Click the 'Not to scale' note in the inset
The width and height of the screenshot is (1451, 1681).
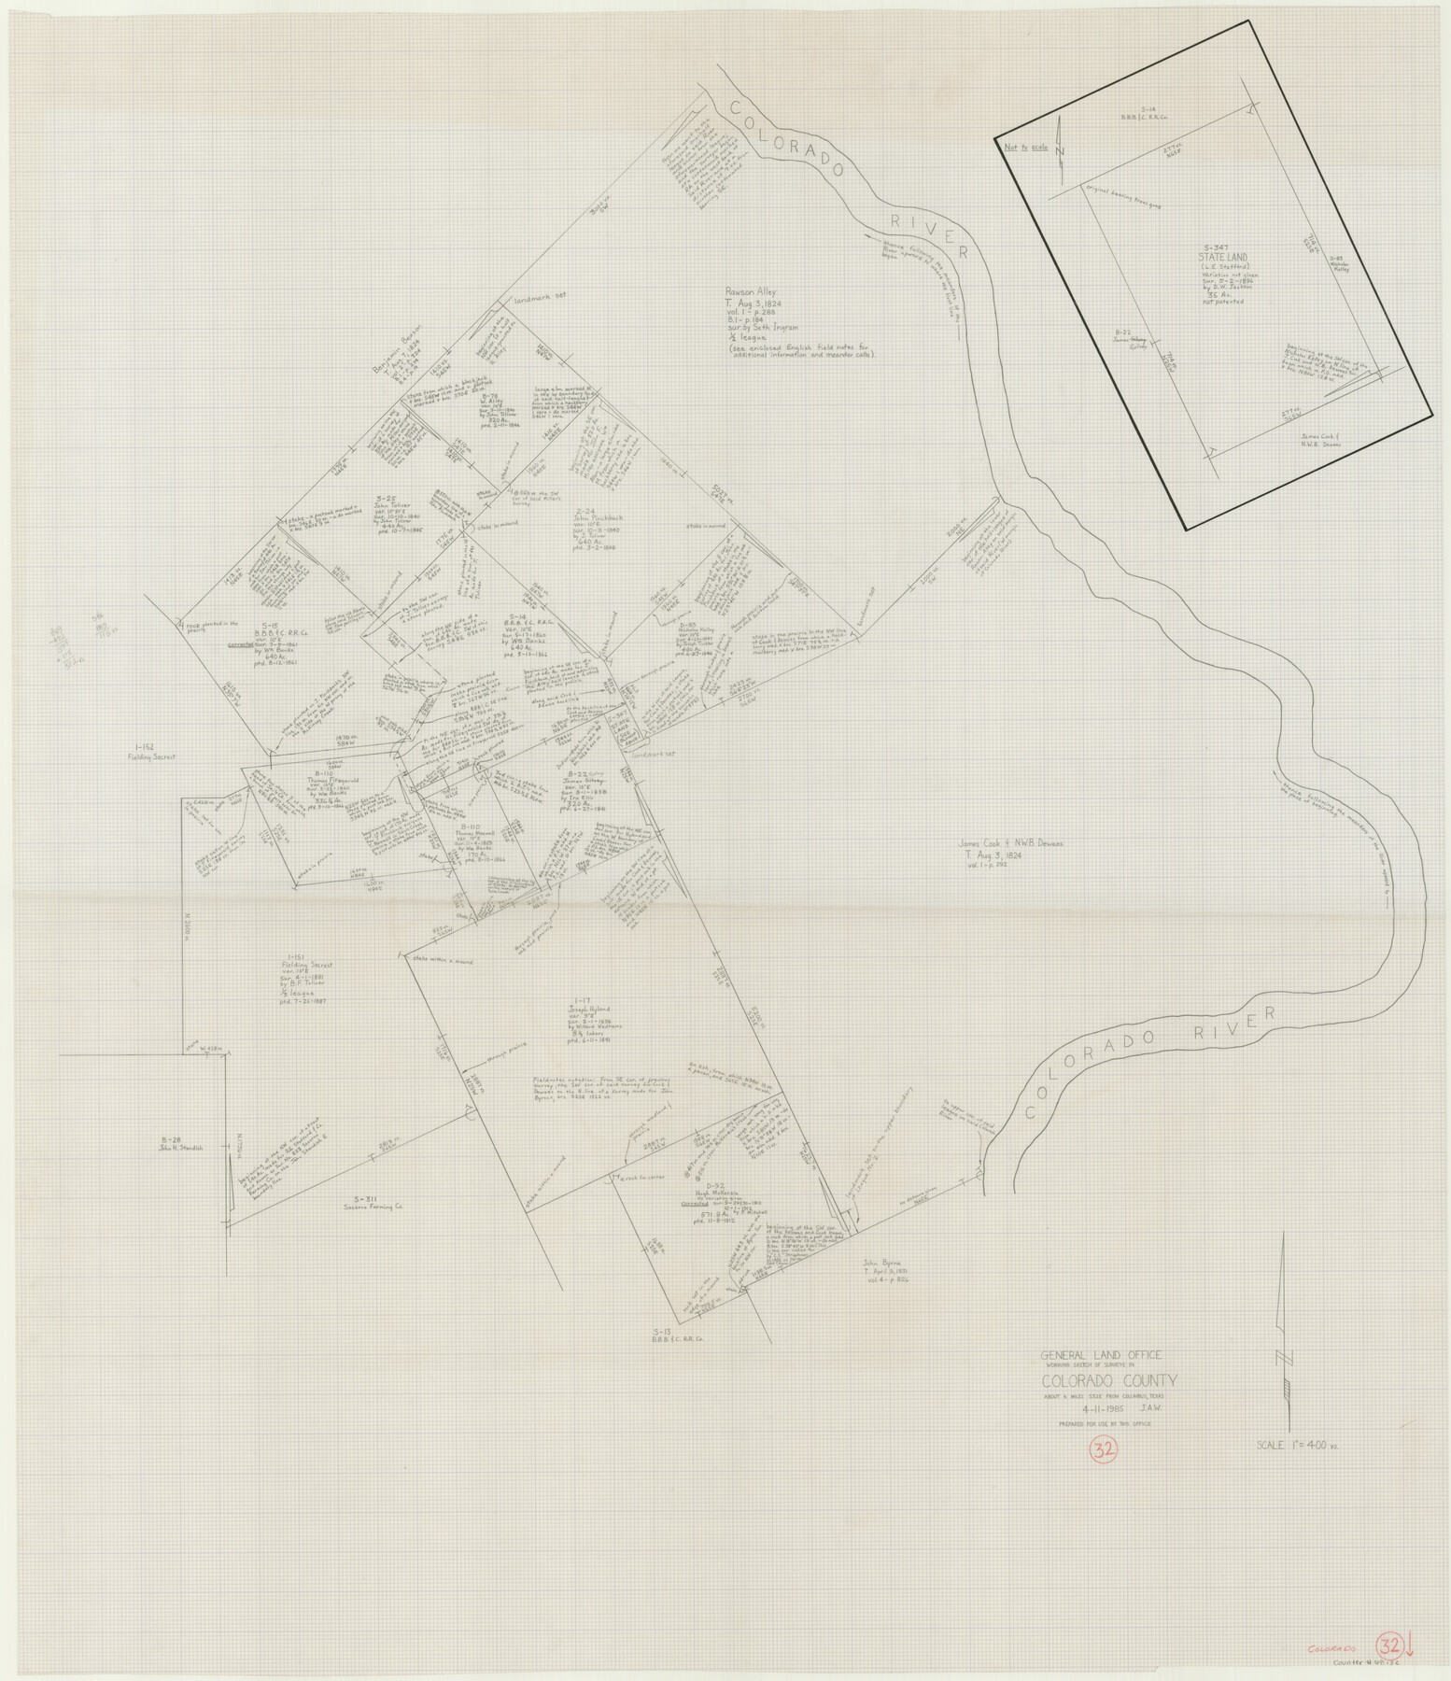pyautogui.click(x=1021, y=147)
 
